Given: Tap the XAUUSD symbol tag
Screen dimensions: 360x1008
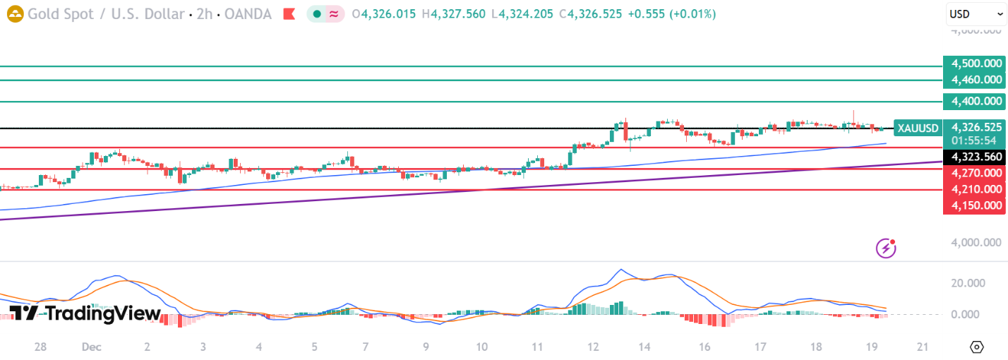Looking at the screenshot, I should click(918, 128).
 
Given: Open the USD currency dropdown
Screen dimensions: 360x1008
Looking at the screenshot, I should click(976, 14).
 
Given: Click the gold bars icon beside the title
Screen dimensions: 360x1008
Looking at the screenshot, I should click(14, 14).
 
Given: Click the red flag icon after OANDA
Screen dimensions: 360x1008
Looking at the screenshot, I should click(289, 14).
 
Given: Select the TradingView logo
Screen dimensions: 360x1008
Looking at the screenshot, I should click(85, 313).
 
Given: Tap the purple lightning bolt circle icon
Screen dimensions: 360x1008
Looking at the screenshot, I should click(886, 248).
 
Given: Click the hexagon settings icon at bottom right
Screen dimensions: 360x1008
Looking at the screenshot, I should click(977, 347).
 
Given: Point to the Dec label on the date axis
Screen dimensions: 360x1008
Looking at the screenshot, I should click(90, 347).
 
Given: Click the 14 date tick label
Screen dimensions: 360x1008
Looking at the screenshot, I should click(644, 347).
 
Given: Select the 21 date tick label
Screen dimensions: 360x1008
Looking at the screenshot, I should click(921, 347).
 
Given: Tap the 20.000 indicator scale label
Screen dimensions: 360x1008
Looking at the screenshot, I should click(968, 283).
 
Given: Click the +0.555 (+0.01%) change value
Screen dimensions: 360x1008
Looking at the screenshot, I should click(676, 14).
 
